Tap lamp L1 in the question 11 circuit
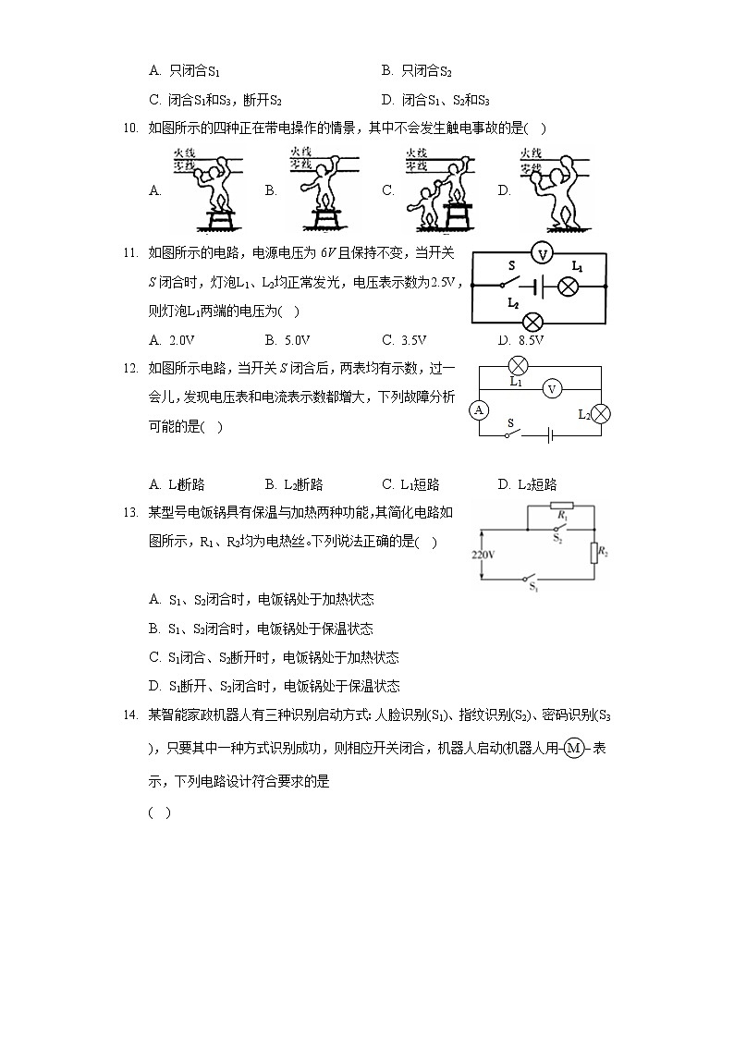tap(569, 287)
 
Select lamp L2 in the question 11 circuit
tap(532, 322)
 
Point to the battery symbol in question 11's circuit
tap(538, 287)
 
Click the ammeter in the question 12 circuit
tap(479, 409)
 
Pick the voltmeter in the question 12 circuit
tap(551, 389)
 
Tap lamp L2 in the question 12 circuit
tap(600, 413)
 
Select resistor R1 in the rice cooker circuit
tap(561, 507)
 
